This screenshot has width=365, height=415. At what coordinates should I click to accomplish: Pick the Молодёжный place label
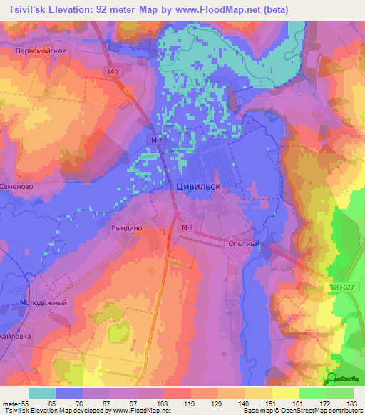click(43, 302)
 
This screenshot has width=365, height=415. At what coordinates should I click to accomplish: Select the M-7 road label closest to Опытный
click(187, 227)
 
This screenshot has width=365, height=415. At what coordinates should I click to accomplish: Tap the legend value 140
click(244, 404)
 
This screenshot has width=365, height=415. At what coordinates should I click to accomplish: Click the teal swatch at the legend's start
click(42, 393)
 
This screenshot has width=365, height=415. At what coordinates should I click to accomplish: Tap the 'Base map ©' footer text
click(262, 411)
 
